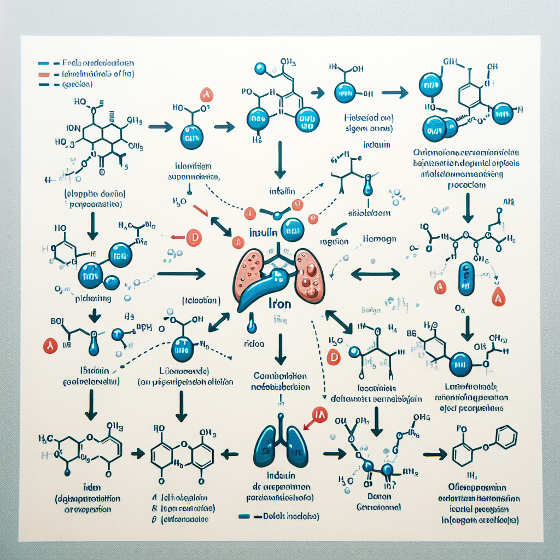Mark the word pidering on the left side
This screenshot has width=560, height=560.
[93, 299]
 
